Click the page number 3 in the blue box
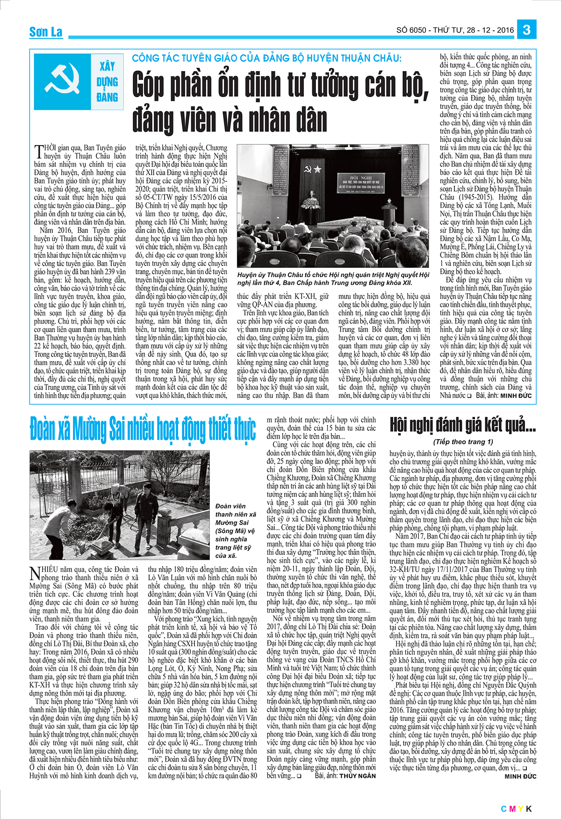pyautogui.click(x=526, y=30)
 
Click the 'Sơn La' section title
pyautogui.click(x=46, y=32)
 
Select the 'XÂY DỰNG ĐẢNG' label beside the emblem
pyautogui.click(x=107, y=82)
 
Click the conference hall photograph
pyautogui.click(x=333, y=205)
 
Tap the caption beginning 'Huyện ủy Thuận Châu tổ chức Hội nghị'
pyautogui.click(x=333, y=279)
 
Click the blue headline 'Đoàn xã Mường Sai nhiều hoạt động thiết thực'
pyautogui.click(x=143, y=429)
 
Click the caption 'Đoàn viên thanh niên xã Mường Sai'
pyautogui.click(x=235, y=531)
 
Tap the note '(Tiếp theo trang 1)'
pyautogui.click(x=463, y=442)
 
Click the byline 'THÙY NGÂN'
pyautogui.click(x=358, y=776)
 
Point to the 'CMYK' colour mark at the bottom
pyautogui.click(x=517, y=809)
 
